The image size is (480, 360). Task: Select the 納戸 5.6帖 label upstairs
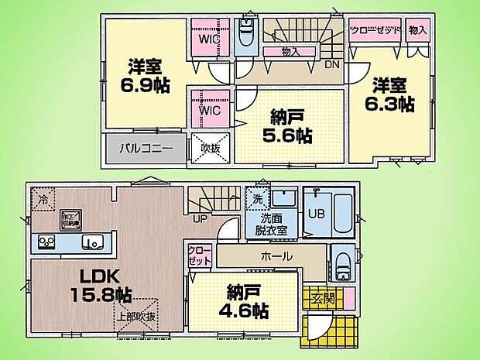point(290,126)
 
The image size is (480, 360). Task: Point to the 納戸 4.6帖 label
point(248,301)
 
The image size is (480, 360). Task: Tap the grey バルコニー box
point(145,147)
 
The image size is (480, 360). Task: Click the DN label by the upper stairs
point(331,64)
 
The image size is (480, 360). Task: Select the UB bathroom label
point(316,212)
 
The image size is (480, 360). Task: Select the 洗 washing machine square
point(257,198)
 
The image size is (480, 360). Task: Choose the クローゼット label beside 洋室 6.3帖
point(375,30)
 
